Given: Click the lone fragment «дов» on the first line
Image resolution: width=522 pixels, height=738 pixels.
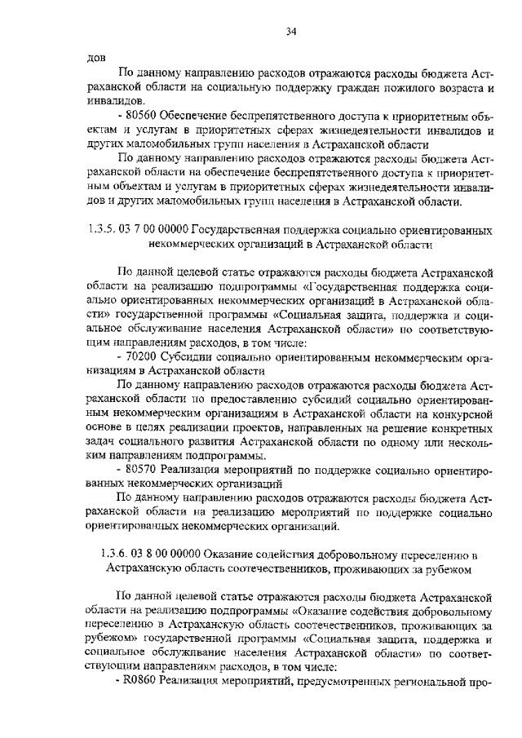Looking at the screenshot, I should click(x=95, y=57).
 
